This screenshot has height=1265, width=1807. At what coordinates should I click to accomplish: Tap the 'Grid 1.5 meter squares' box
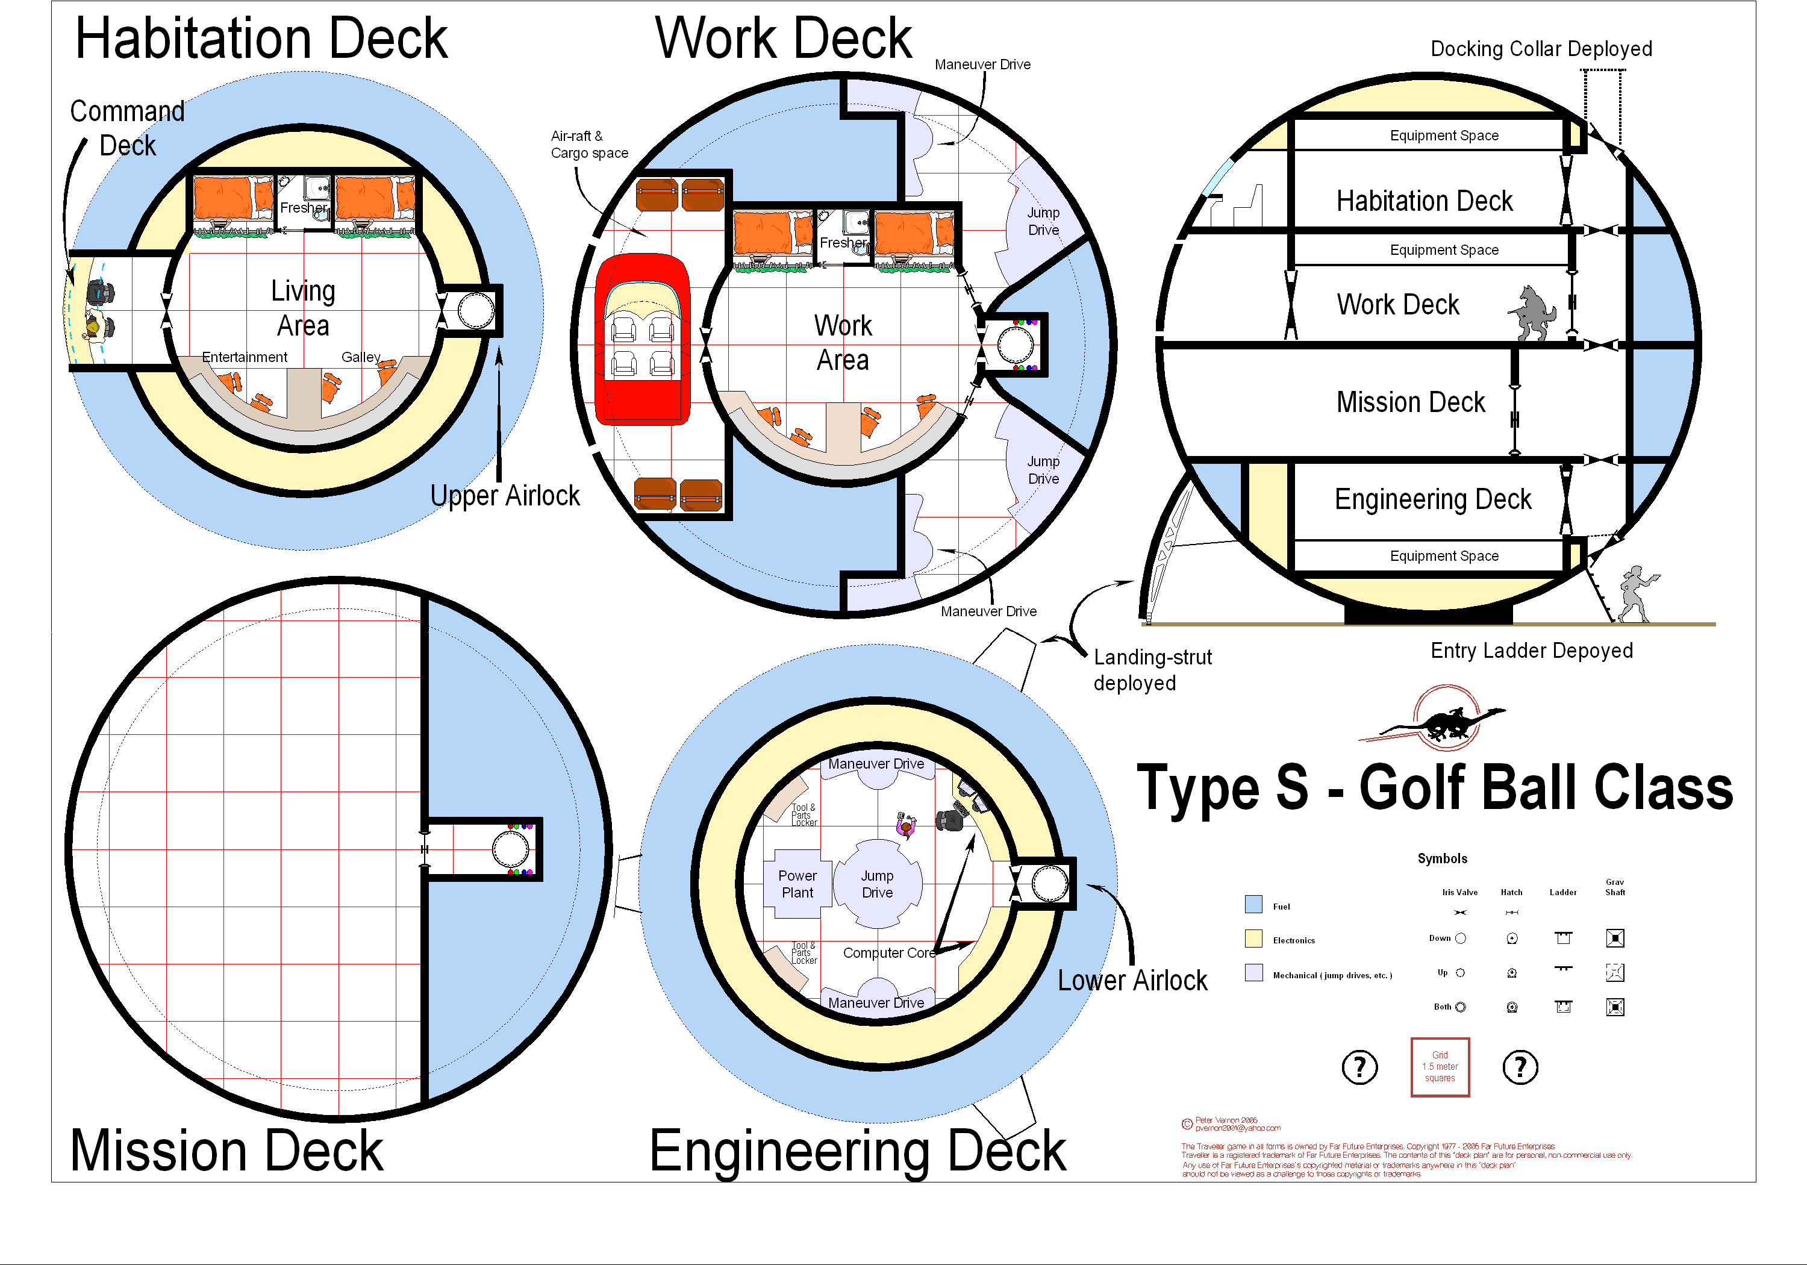1440,1067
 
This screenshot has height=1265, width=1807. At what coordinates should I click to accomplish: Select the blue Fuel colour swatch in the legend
1253,904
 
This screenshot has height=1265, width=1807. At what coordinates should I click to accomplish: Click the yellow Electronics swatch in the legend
1253,939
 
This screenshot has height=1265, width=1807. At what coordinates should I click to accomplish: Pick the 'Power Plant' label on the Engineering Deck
797,884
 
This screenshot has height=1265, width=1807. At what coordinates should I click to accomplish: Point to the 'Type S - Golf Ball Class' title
1434,787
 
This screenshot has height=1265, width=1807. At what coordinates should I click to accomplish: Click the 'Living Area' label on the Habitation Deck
303,308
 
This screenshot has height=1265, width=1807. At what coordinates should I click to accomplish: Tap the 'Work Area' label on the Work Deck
843,342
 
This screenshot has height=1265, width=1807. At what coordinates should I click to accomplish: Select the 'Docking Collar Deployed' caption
1540,49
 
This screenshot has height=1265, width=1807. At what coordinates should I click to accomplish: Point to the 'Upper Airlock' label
505,496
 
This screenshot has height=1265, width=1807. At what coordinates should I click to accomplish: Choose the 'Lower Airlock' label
1132,981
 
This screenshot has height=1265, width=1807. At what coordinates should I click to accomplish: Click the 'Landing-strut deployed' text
1152,670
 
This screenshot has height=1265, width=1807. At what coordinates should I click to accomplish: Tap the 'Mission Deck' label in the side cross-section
1410,402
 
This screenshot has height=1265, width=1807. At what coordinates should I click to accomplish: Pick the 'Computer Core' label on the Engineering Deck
888,952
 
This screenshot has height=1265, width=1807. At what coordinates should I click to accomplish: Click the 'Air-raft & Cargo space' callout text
588,145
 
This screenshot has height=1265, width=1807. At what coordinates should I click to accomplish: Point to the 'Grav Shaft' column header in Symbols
1614,887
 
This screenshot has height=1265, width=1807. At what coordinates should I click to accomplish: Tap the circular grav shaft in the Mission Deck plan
510,849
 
